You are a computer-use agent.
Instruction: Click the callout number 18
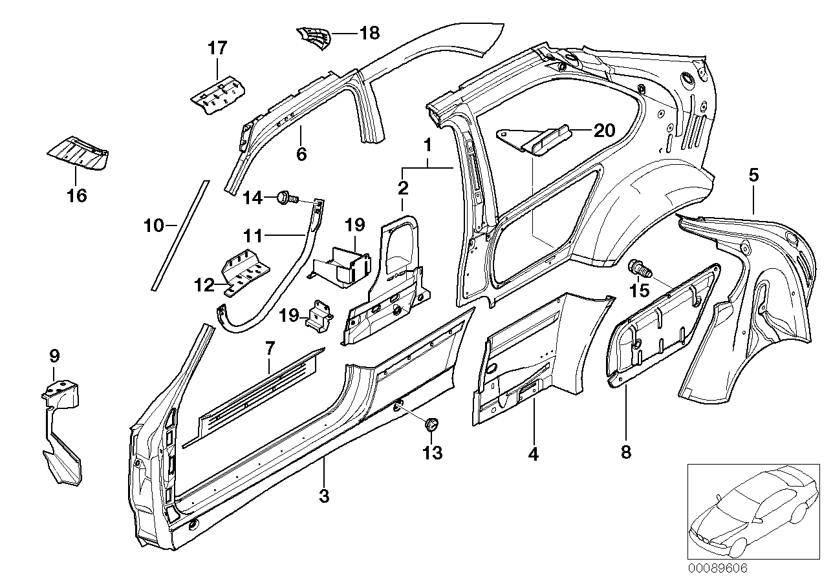(x=370, y=33)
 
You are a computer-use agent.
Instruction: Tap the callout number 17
(x=218, y=48)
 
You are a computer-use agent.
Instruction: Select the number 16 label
(x=77, y=195)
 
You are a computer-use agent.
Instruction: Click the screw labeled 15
(x=638, y=267)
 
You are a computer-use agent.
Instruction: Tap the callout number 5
(x=753, y=174)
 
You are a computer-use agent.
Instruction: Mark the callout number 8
(x=625, y=452)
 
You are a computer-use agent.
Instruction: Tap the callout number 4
(x=533, y=454)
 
